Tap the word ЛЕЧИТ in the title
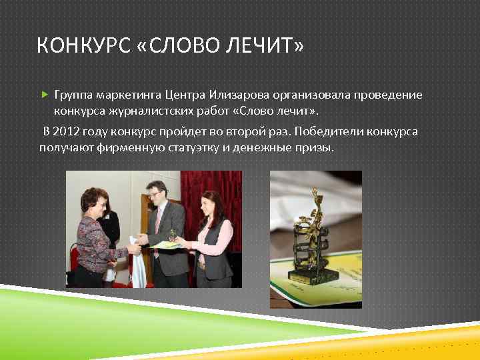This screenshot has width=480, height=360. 266,46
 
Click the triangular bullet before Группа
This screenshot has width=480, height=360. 45,95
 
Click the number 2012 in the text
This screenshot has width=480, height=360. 69,131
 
